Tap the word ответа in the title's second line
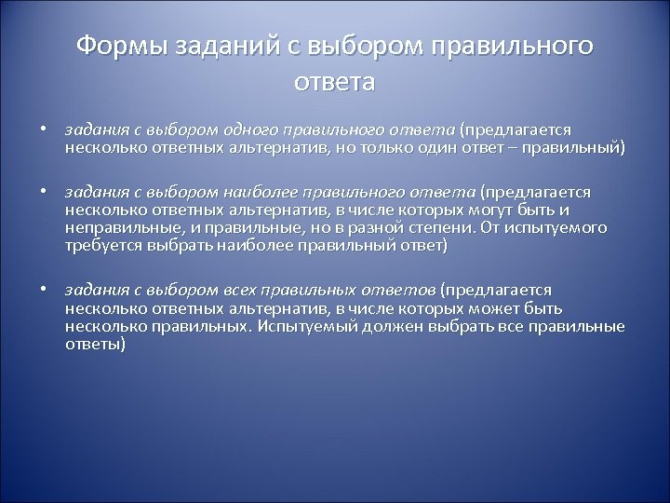[334, 82]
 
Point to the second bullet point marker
[44, 192]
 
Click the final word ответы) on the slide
[95, 344]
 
